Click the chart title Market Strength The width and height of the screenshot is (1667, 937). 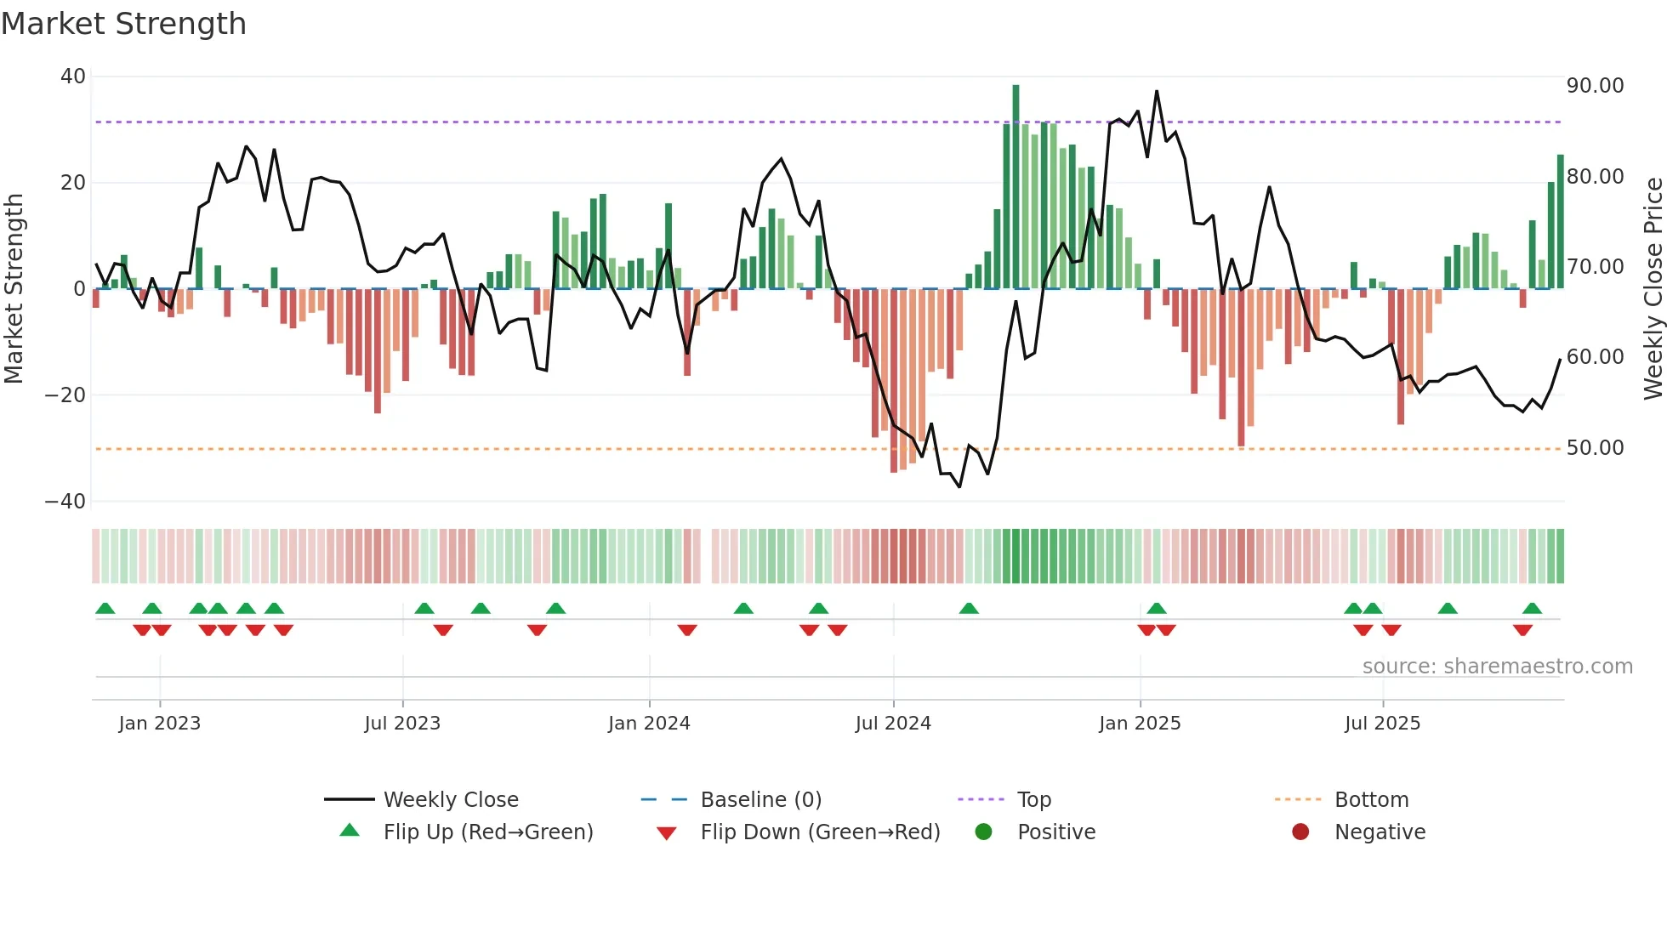[123, 24]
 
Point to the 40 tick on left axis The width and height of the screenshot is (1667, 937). [73, 77]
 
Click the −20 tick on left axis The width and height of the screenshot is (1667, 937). [66, 395]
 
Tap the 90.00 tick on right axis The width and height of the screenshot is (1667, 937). [1595, 86]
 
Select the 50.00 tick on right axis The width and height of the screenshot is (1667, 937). [1595, 448]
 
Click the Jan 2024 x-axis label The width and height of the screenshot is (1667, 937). [649, 724]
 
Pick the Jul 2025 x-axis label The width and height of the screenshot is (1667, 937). [1382, 724]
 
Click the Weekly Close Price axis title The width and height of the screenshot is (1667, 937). [1653, 289]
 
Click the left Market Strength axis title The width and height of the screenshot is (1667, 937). [14, 289]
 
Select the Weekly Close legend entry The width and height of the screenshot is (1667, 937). [450, 800]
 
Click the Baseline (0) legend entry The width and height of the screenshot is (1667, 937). [760, 800]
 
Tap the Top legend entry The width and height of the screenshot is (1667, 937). [1033, 800]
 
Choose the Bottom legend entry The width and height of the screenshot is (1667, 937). [1371, 800]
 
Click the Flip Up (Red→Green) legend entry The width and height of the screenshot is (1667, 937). [487, 832]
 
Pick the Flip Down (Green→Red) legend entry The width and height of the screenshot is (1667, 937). [820, 832]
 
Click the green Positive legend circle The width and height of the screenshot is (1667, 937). [984, 832]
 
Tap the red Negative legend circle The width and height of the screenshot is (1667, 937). [1300, 832]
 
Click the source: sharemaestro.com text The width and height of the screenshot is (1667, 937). [1497, 667]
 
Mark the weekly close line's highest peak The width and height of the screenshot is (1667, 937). [1157, 92]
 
